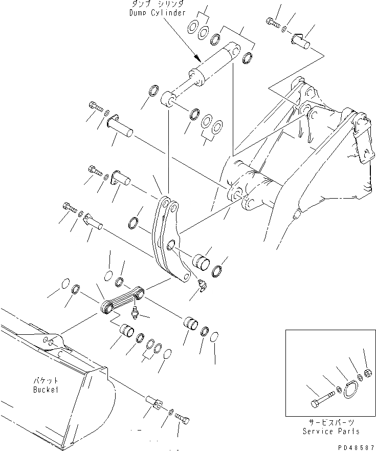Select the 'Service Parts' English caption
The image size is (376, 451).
click(x=332, y=432)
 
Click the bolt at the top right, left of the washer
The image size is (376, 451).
click(x=272, y=22)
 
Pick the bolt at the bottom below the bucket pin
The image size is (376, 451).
click(x=183, y=420)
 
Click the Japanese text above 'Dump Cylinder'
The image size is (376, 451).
click(x=157, y=5)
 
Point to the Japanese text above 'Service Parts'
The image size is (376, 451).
click(x=333, y=423)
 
